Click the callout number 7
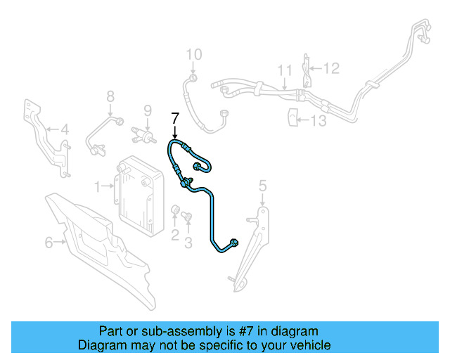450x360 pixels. pos(175,118)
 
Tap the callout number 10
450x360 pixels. pos(193,54)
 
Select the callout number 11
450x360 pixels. pos(284,70)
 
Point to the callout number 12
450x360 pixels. pos(331,68)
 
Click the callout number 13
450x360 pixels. pos(319,121)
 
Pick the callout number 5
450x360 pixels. pos(263,186)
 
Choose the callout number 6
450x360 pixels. pos(49,243)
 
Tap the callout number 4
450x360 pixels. pos(64,129)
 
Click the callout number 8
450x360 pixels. pos(110,96)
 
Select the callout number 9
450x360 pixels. pos(148,110)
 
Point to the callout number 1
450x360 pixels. pos(98,186)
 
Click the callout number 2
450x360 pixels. pos(175,235)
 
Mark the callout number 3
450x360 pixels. pos(188,243)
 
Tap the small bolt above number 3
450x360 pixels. pos(187,217)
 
